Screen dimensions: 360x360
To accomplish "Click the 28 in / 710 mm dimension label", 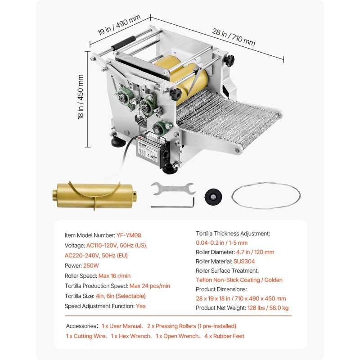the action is [x=234, y=37].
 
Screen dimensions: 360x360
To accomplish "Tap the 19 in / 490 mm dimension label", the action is [x=119, y=25].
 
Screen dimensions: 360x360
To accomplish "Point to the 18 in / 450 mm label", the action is [x=81, y=97].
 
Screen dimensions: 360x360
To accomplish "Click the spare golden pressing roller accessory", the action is [x=94, y=195].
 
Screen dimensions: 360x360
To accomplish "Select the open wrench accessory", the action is [x=173, y=189].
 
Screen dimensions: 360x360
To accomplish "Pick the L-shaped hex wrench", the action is [x=173, y=202].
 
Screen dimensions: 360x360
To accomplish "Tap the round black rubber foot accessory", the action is [x=213, y=197].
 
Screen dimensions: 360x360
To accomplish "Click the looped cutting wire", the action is [x=266, y=195].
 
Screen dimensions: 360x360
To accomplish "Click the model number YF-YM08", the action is [x=129, y=235].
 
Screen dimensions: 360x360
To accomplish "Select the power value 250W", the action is [x=91, y=265].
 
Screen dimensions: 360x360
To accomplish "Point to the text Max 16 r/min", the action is [x=114, y=276].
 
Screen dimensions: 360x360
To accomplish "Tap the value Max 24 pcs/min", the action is [x=150, y=286].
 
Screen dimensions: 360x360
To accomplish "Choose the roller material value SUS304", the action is [x=244, y=261].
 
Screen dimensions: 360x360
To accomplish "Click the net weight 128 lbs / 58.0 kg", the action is [x=268, y=308].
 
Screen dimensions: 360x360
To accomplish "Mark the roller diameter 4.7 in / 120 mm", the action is [x=255, y=252].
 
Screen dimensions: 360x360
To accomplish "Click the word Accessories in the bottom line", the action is [x=81, y=326].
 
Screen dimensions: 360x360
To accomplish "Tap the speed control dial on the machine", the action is [x=166, y=155].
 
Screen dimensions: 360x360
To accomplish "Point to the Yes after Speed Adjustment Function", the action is [x=140, y=306].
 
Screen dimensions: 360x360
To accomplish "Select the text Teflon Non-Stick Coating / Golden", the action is [x=239, y=280].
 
